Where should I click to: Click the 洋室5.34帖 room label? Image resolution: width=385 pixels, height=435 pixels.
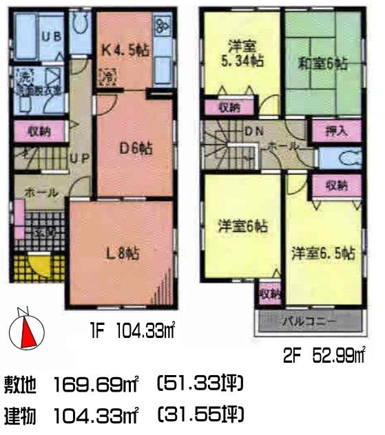[x=240, y=54]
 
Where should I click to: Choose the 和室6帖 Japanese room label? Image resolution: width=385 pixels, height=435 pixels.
[x=323, y=64]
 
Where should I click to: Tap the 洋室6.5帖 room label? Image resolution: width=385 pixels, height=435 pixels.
[x=322, y=252]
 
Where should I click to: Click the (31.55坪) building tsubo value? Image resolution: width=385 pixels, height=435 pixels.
[x=200, y=415]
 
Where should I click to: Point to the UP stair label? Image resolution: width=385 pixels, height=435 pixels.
[x=79, y=158]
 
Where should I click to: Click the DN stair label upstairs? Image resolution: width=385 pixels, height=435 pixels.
[x=251, y=132]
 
